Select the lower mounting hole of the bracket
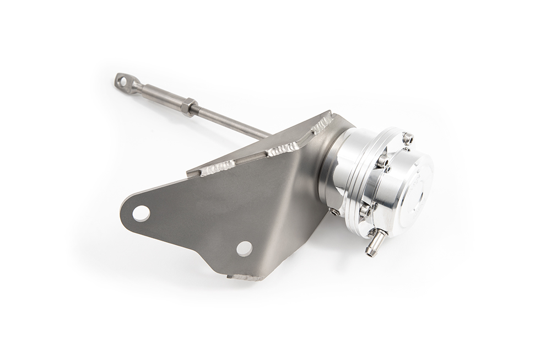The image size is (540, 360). tap(244, 248)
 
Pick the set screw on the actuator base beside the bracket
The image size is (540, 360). tap(335, 211)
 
